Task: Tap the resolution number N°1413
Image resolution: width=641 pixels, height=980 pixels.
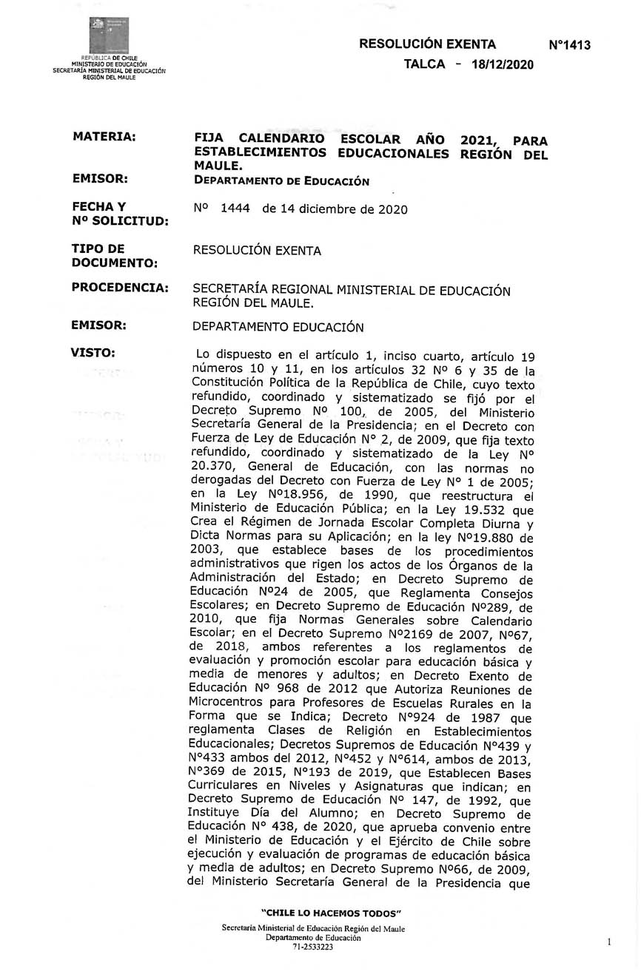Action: click(569, 45)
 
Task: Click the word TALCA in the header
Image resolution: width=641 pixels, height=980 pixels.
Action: click(424, 64)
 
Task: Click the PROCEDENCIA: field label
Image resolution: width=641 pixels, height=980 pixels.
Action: click(120, 287)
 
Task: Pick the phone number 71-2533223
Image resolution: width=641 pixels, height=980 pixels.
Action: click(313, 946)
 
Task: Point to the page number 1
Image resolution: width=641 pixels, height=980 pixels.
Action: click(608, 942)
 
